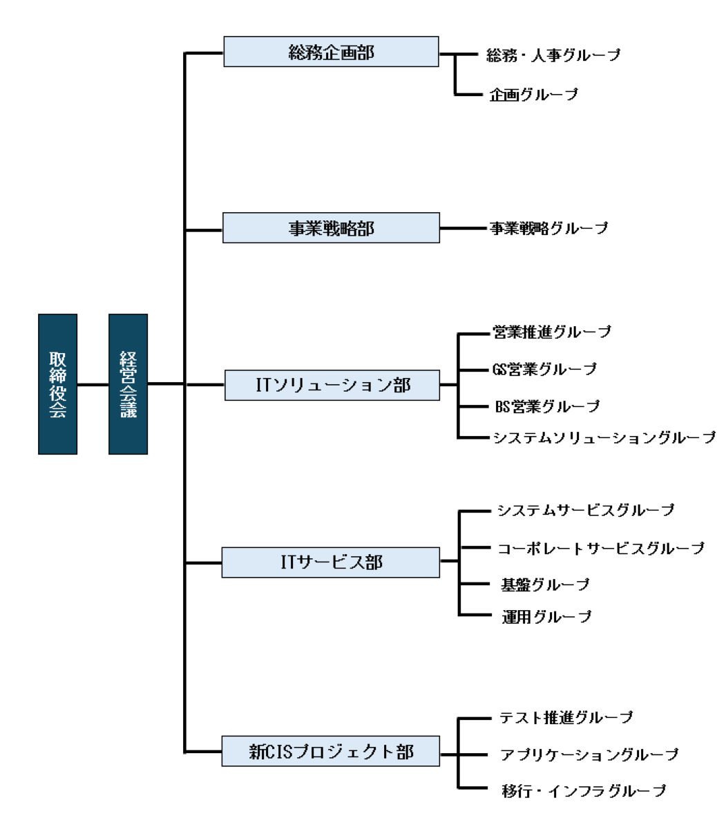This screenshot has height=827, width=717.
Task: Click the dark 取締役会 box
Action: click(57, 384)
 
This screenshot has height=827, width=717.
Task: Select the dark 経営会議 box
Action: click(128, 384)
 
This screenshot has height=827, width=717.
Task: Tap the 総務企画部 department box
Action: click(331, 52)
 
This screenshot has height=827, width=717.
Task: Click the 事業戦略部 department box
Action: click(331, 228)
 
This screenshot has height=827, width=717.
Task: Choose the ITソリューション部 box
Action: click(332, 385)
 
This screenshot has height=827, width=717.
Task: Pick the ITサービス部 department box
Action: click(331, 562)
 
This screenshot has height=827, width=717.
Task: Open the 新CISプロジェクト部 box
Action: click(331, 751)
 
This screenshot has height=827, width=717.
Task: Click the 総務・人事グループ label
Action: click(553, 55)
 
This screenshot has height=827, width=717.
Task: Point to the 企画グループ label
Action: click(534, 95)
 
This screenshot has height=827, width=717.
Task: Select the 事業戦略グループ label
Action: click(549, 228)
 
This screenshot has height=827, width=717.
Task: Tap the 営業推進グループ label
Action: click(552, 332)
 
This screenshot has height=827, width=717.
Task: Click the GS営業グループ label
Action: click(544, 370)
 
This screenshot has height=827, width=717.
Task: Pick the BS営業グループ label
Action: click(547, 406)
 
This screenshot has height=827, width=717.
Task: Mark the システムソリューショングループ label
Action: click(604, 437)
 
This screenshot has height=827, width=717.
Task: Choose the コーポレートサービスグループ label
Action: click(601, 548)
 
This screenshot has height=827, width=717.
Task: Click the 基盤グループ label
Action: click(545, 584)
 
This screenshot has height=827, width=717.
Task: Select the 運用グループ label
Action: click(546, 616)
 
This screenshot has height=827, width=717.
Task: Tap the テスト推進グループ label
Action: click(566, 718)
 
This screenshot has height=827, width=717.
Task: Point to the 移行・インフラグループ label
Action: click(584, 790)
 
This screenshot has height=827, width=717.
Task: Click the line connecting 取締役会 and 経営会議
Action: click(93, 384)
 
